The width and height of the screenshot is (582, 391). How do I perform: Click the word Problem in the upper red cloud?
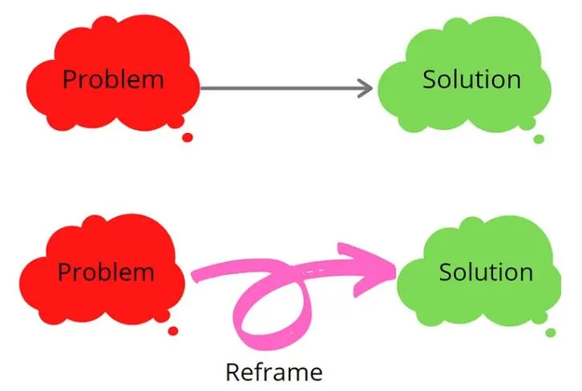[x=113, y=79]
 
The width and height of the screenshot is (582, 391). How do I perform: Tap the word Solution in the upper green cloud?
[x=471, y=79]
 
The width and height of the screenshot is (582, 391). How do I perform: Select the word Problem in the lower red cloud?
[x=106, y=272]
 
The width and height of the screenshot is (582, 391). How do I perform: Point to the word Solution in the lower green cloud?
[x=487, y=272]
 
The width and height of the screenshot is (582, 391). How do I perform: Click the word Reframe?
[x=274, y=372]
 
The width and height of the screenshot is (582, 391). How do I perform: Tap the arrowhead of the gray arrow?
[x=366, y=88]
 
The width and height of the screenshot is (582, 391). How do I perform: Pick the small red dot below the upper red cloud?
[x=188, y=138]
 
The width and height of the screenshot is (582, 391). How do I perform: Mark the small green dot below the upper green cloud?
[x=539, y=139]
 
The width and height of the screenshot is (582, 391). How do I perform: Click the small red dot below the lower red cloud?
[x=173, y=331]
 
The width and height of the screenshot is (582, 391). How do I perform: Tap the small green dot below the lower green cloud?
[x=551, y=333]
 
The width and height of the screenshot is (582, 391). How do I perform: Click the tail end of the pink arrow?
[x=195, y=276]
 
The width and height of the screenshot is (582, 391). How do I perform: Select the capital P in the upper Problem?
[x=70, y=79]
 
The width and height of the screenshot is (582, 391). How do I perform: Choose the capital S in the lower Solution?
[x=447, y=272]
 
